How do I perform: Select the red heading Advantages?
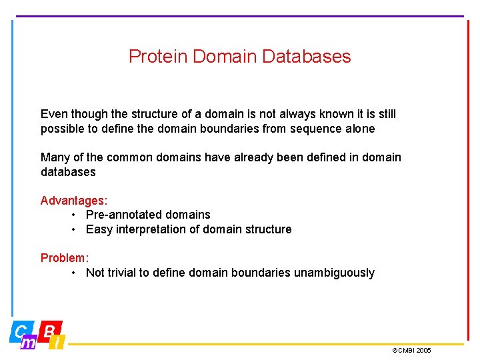pos(74,200)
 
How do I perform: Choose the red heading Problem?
pos(65,257)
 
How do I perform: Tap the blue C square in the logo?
pos(21,330)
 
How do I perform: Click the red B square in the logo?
pos(50,330)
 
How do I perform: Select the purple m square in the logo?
pos(29,343)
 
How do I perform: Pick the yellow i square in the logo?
pos(58,343)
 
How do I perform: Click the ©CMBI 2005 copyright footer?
pos(411,351)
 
